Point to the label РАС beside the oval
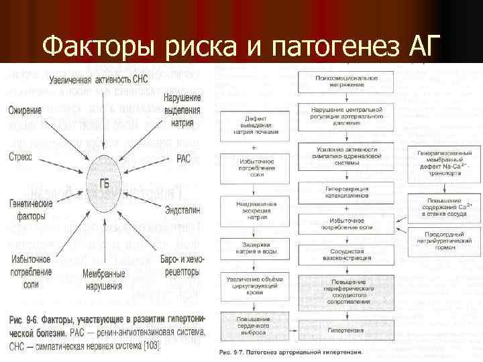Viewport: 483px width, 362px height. click(183, 159)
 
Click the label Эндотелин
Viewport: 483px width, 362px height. click(182, 210)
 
